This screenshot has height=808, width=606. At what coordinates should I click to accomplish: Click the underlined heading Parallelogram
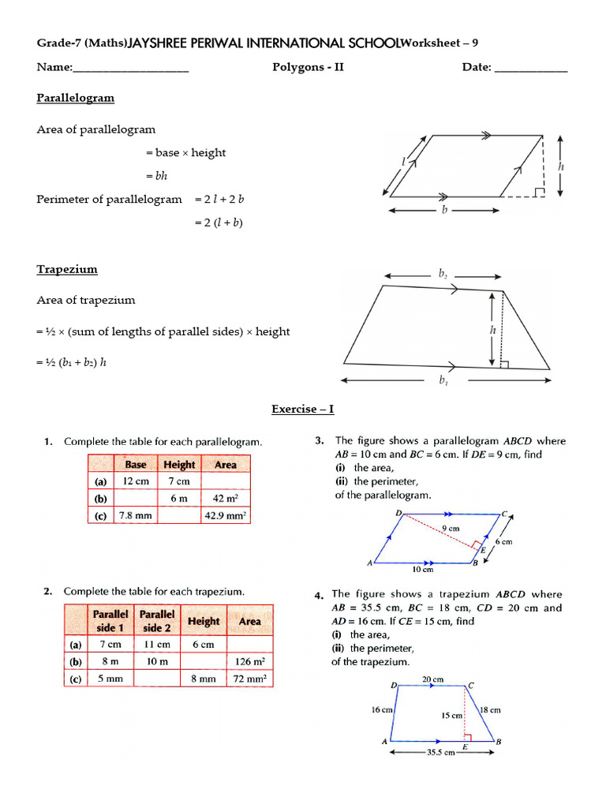pyautogui.click(x=75, y=98)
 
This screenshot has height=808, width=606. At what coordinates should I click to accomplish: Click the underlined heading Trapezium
pyautogui.click(x=67, y=269)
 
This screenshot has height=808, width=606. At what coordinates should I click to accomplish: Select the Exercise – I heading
pyautogui.click(x=303, y=409)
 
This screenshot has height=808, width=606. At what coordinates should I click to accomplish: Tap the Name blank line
pyautogui.click(x=131, y=69)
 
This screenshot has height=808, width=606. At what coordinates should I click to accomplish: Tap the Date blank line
pyautogui.click(x=530, y=69)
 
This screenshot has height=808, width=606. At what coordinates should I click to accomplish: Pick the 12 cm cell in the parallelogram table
pyautogui.click(x=137, y=481)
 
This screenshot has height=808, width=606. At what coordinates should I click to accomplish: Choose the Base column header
pyautogui.click(x=136, y=465)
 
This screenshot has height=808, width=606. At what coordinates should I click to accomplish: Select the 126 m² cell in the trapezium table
pyautogui.click(x=249, y=661)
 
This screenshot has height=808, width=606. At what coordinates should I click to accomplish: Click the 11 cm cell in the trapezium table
pyautogui.click(x=157, y=644)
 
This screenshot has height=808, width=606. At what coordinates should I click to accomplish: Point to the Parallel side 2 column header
pyautogui.click(x=157, y=621)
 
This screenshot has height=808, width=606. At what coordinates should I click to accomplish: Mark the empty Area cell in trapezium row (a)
pyautogui.click(x=249, y=644)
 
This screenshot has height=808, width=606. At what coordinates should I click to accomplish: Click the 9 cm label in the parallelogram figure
pyautogui.click(x=450, y=528)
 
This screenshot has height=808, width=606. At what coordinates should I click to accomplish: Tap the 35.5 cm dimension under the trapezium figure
pyautogui.click(x=440, y=753)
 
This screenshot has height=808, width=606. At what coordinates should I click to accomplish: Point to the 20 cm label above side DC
pyautogui.click(x=432, y=679)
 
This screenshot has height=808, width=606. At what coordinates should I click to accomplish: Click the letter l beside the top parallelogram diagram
pyautogui.click(x=402, y=162)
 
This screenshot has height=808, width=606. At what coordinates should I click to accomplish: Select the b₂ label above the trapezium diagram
pyautogui.click(x=443, y=275)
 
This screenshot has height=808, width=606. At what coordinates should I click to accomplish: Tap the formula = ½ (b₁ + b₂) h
pyautogui.click(x=71, y=362)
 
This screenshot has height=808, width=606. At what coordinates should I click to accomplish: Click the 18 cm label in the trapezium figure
pyautogui.click(x=490, y=710)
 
